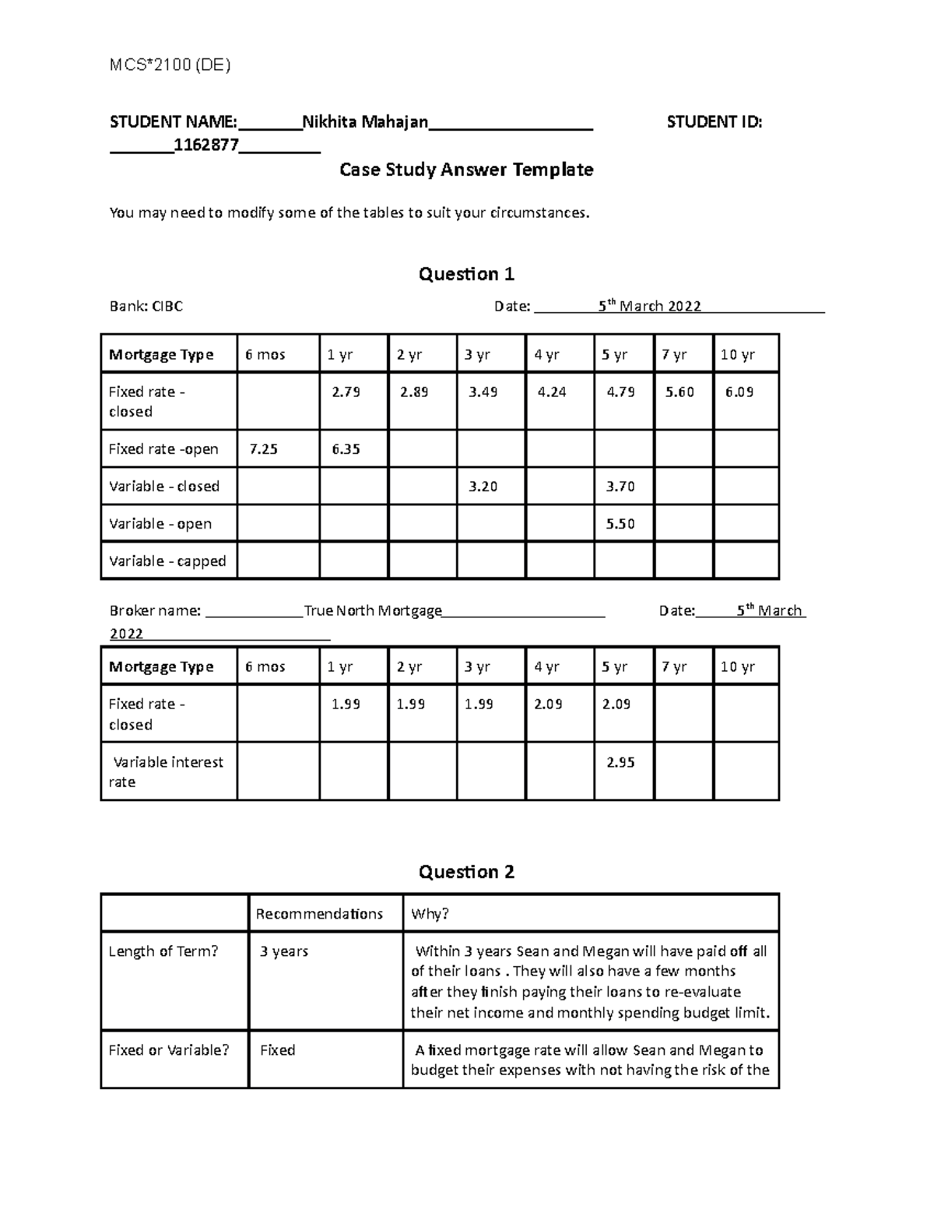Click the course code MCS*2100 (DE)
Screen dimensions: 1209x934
pyautogui.click(x=170, y=65)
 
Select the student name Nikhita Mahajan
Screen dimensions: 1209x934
pyautogui.click(x=365, y=122)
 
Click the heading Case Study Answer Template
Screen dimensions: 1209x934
pyautogui.click(x=466, y=170)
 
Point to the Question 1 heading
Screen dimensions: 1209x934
pyautogui.click(x=466, y=274)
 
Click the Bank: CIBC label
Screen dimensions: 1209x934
pyautogui.click(x=146, y=307)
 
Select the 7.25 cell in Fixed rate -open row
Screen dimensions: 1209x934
pyautogui.click(x=263, y=449)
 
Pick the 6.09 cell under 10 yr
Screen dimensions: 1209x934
pyautogui.click(x=739, y=392)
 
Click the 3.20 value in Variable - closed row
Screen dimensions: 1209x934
pyautogui.click(x=482, y=487)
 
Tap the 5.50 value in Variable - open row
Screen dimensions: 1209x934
pyautogui.click(x=620, y=524)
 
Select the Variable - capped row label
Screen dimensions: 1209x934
pyautogui.click(x=167, y=561)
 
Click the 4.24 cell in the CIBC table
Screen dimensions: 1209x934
pyautogui.click(x=551, y=392)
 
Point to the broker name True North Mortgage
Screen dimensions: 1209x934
pyautogui.click(x=373, y=611)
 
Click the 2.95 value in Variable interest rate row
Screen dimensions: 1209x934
pyautogui.click(x=620, y=763)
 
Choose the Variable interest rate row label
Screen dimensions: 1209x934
pyautogui.click(x=166, y=771)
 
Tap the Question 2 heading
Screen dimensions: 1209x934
pyautogui.click(x=466, y=872)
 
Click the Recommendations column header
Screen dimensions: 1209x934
pyautogui.click(x=319, y=914)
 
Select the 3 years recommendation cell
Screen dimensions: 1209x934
pyautogui.click(x=284, y=951)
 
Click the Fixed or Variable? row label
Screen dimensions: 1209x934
pyautogui.click(x=169, y=1050)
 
